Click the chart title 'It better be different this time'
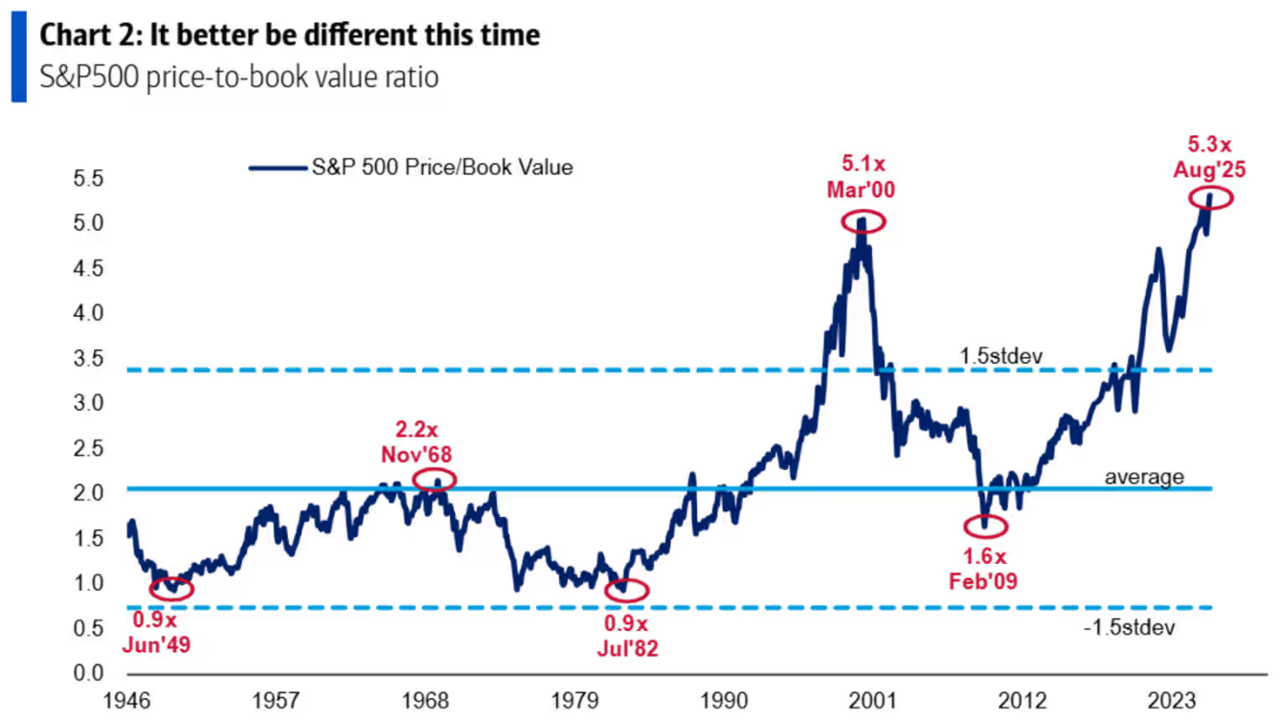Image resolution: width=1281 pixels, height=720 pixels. click(289, 36)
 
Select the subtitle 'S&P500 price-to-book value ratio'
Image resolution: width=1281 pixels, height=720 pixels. click(238, 77)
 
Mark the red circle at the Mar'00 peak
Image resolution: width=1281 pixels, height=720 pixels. click(864, 221)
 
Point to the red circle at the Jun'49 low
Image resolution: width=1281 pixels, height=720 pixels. click(171, 589)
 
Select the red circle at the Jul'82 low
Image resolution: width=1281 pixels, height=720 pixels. click(626, 590)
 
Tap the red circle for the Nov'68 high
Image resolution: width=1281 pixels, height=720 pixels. click(435, 480)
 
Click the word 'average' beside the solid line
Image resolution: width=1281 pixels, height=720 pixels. click(1144, 476)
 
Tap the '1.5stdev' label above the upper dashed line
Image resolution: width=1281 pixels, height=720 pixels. click(1000, 356)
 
